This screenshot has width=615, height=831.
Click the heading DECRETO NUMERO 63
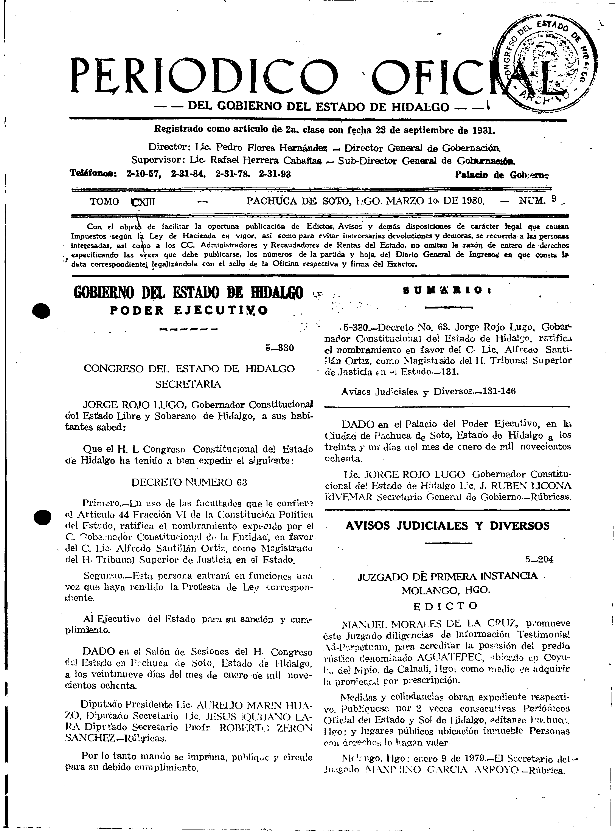point(189,482)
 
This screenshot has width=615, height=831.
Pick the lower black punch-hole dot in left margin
point(42,516)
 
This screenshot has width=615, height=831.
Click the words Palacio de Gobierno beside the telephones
point(502,175)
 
